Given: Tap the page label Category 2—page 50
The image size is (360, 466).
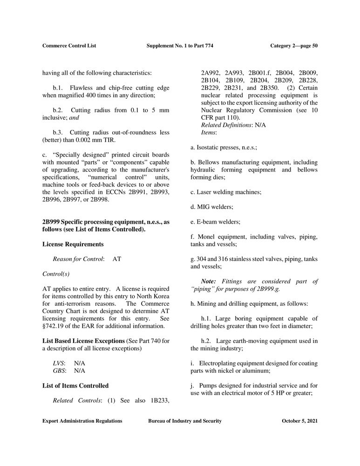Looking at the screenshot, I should (x=294, y=46).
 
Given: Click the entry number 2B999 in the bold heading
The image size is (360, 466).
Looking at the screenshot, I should (x=51, y=222).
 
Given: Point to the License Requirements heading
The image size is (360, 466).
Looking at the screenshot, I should (x=73, y=244).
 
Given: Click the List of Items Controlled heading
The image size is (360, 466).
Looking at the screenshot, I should (x=75, y=385).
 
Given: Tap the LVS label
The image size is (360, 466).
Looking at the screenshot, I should (x=59, y=363).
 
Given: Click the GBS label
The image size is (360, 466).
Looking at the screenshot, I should (x=59, y=371).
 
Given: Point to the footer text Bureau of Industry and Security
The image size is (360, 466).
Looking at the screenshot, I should (x=185, y=421).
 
